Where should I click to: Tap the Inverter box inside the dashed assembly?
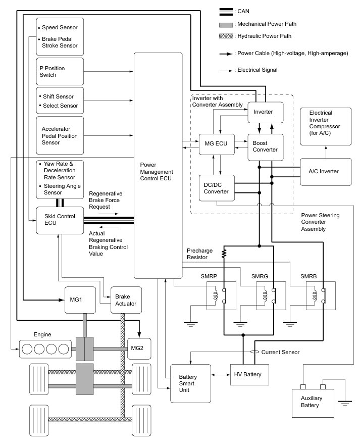pyautogui.click(x=264, y=111)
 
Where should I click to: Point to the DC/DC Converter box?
pyautogui.click(x=216, y=188)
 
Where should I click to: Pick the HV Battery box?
pyautogui.click(x=249, y=374)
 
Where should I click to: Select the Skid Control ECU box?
pyautogui.click(x=60, y=220)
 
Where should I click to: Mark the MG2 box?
pyautogui.click(x=137, y=348)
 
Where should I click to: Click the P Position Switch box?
pyautogui.click(x=60, y=72)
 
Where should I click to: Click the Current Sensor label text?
pyautogui.click(x=283, y=352)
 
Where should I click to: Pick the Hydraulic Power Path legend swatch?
pyautogui.click(x=226, y=36)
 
